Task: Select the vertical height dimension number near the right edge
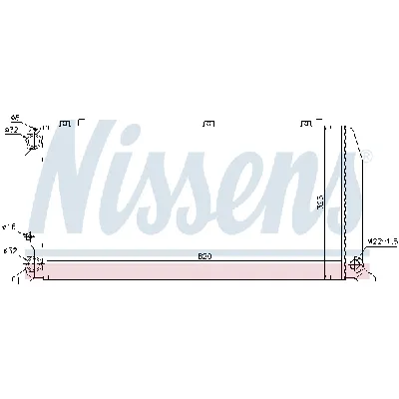click(x=320, y=200)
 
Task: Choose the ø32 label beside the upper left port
click(x=11, y=129)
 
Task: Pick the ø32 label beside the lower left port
click(x=10, y=250)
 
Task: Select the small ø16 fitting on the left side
click(x=27, y=236)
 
